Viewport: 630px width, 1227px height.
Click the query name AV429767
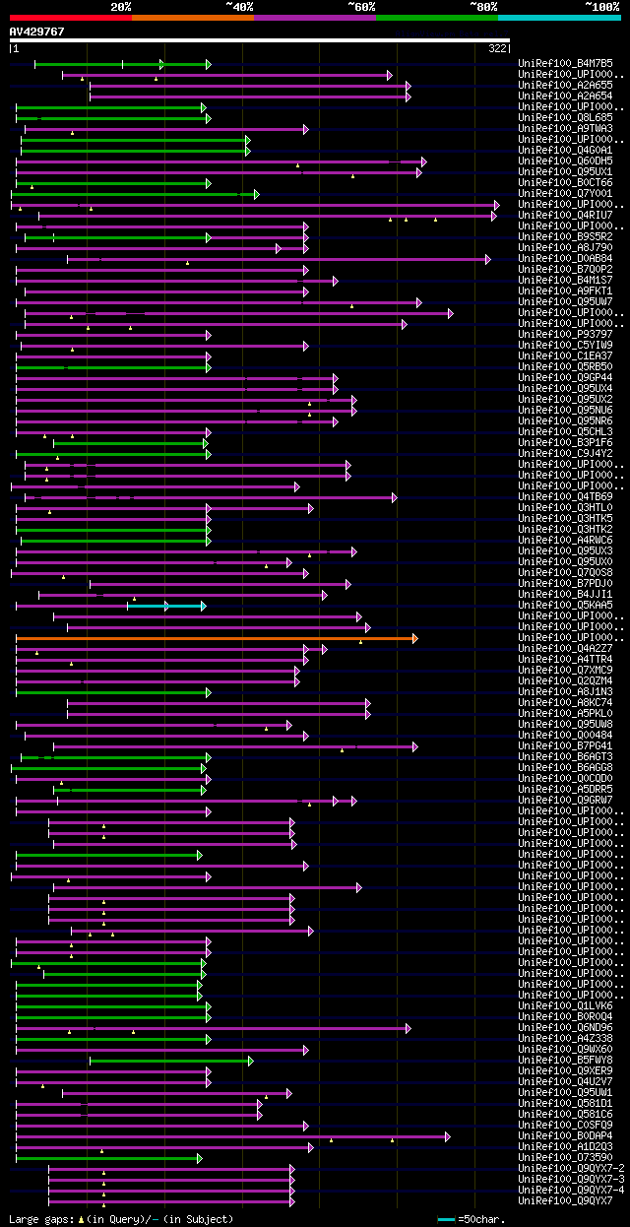click(37, 32)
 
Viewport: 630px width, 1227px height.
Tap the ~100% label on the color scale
click(600, 7)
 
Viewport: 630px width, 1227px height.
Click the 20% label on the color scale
click(120, 7)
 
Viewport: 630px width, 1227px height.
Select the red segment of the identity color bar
click(70, 18)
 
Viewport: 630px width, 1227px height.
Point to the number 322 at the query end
click(498, 47)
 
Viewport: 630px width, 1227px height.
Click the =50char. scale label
click(482, 1219)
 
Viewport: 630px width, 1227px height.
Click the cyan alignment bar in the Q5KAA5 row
click(165, 606)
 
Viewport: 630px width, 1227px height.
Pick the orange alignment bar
click(217, 638)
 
